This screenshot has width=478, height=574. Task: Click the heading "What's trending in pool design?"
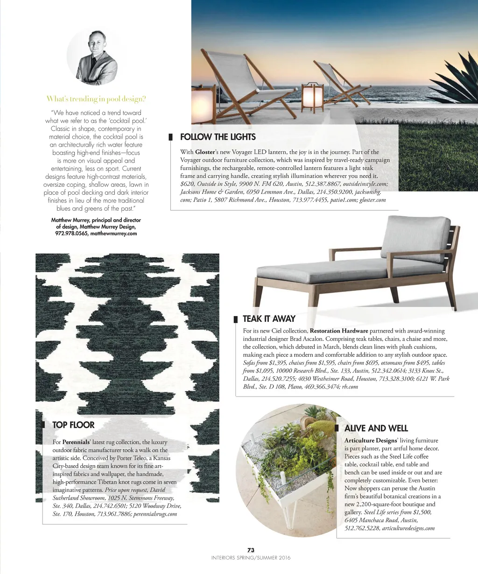click(x=96, y=99)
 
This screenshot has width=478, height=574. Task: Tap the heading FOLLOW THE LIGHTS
click(x=218, y=137)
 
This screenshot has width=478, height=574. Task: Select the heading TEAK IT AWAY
click(x=269, y=319)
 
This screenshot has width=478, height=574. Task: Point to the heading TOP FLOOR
click(x=73, y=425)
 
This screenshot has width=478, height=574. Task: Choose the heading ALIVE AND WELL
click(x=376, y=428)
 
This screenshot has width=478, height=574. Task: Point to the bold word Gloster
click(x=205, y=152)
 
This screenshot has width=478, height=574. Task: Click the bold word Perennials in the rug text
click(x=76, y=442)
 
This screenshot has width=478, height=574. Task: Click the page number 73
click(x=251, y=550)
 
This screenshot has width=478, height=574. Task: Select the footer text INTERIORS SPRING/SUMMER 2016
click(x=251, y=558)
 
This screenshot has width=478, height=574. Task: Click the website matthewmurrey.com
click(x=113, y=234)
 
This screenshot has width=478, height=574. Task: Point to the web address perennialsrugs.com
click(x=155, y=514)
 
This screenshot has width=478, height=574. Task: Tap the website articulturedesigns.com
click(x=408, y=528)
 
